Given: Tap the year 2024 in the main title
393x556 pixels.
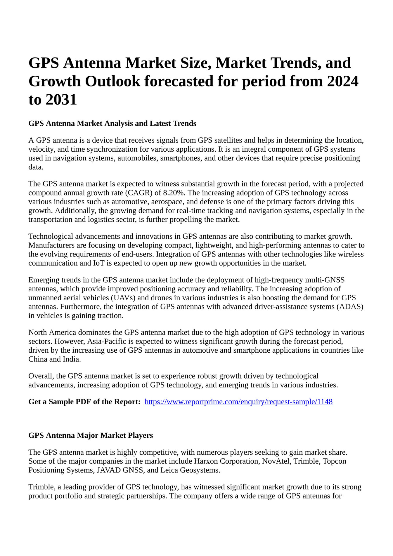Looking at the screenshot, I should click(342, 81).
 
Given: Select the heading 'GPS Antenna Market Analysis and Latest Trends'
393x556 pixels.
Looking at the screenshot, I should click(112, 124).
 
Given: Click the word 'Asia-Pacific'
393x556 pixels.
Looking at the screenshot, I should click(108, 342).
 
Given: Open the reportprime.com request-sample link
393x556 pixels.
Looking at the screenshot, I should click(238, 402).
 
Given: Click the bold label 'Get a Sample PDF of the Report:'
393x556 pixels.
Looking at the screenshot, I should click(84, 402).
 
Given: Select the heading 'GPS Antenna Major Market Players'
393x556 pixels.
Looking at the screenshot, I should click(91, 436).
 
